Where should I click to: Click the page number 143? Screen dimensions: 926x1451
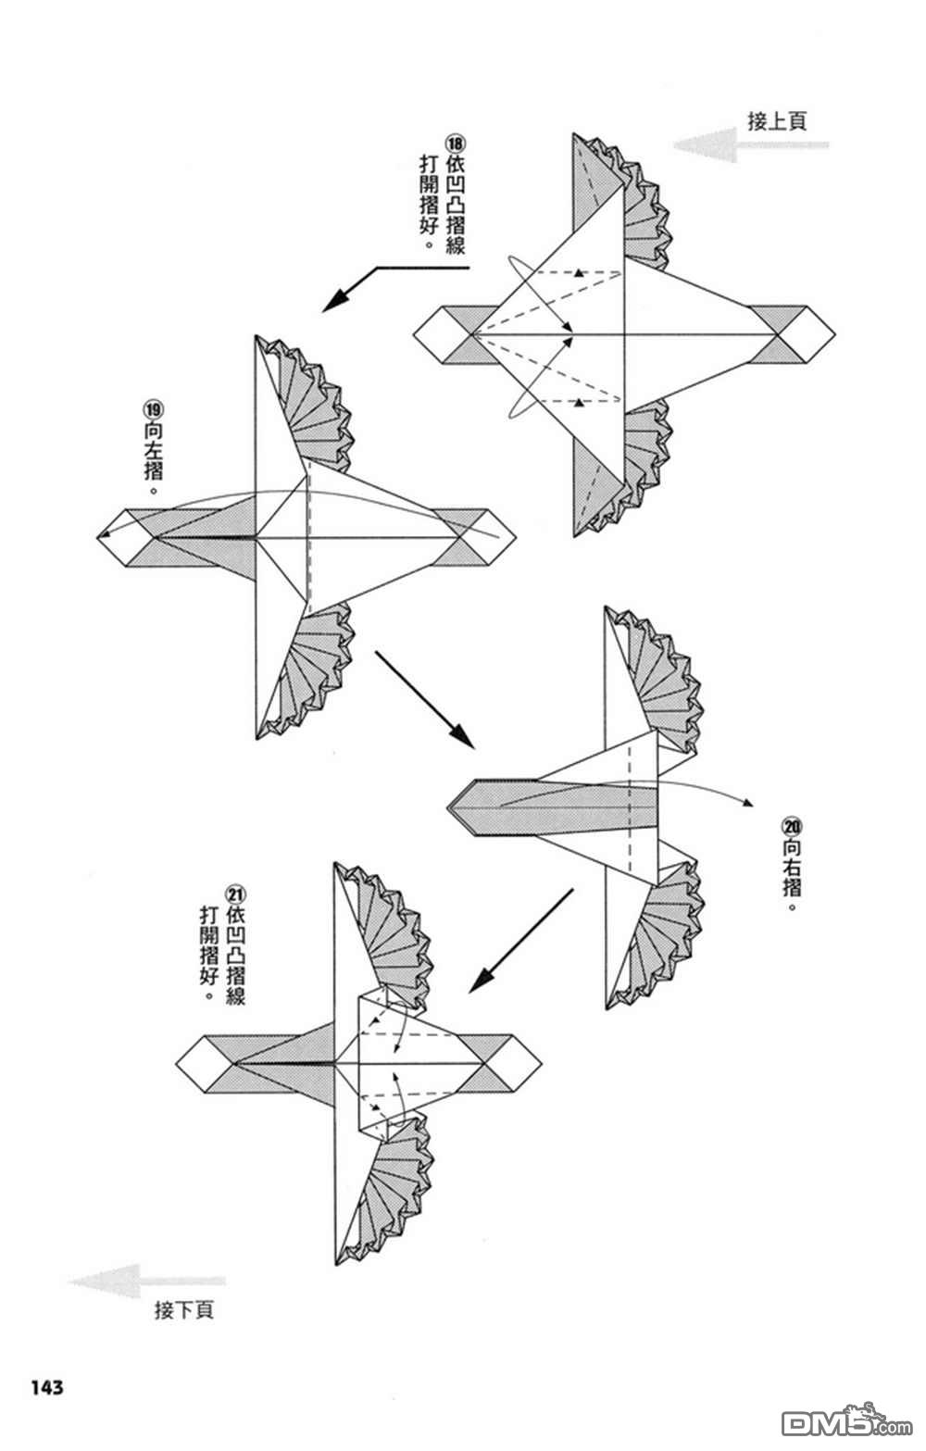46,1387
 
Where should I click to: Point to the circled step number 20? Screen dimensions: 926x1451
792,827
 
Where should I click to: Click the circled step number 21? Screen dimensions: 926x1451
235,894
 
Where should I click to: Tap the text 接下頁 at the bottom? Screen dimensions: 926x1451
183,1309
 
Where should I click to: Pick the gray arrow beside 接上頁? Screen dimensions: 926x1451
750,144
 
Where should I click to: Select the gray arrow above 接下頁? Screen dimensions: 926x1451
146,1281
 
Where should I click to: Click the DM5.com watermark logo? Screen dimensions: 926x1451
846,1423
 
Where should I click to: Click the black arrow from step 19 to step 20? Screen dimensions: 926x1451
424,700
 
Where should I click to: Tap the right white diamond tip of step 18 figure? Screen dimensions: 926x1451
834,334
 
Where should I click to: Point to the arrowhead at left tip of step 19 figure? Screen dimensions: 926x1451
100,536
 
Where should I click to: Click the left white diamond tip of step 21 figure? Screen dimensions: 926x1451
177,1064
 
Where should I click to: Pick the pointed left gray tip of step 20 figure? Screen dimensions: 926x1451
448,807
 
